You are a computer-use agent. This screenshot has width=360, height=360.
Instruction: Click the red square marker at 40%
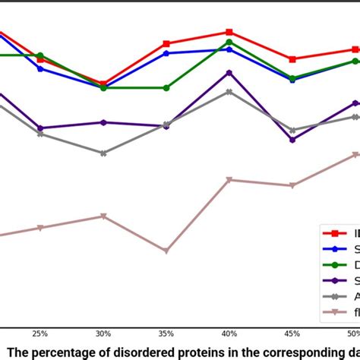point(229,33)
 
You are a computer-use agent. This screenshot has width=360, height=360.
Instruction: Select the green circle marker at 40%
point(229,42)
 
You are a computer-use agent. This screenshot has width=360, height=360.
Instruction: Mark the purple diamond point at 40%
point(229,73)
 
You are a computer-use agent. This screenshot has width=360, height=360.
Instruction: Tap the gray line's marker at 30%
point(104,153)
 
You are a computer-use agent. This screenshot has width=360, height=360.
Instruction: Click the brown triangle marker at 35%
point(166,251)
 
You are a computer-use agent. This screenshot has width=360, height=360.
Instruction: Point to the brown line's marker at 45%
point(292,185)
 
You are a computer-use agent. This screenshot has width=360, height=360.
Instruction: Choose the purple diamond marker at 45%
point(292,139)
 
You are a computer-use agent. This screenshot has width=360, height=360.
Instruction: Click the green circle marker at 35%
point(166,88)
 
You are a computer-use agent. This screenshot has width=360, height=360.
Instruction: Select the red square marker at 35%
point(166,44)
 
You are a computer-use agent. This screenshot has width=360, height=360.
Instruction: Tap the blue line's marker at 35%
point(166,53)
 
